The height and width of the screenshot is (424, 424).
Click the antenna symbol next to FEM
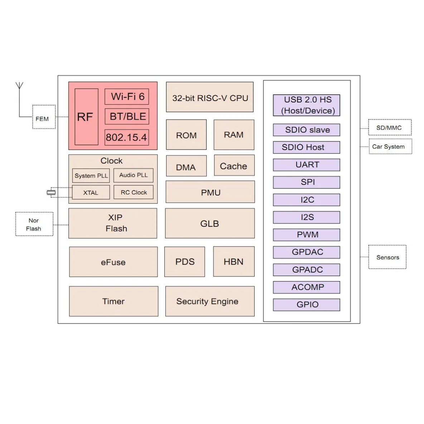click(x=19, y=86)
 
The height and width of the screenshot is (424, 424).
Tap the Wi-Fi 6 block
click(x=127, y=97)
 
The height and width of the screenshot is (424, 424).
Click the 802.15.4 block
click(x=126, y=137)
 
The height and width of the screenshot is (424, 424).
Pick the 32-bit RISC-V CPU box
click(x=210, y=97)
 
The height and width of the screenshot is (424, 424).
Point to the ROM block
click(x=186, y=135)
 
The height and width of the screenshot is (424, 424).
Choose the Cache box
click(x=234, y=165)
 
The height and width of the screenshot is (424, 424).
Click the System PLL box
click(x=91, y=175)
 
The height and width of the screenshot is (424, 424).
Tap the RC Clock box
click(x=134, y=192)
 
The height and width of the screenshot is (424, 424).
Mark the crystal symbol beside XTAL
click(x=51, y=193)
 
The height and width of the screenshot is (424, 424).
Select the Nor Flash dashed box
click(x=34, y=224)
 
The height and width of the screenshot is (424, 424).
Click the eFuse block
click(x=113, y=262)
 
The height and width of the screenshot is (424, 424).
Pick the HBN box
click(x=233, y=262)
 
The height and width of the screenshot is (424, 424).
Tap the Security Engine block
click(x=210, y=301)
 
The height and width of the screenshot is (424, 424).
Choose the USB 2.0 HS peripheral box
click(x=307, y=105)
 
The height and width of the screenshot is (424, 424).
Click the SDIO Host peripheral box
click(x=307, y=147)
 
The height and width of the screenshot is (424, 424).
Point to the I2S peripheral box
click(x=307, y=217)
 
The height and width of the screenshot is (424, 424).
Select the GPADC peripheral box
click(x=307, y=270)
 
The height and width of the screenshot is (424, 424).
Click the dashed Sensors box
click(x=387, y=257)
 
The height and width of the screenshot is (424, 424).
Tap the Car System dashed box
click(x=390, y=146)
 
